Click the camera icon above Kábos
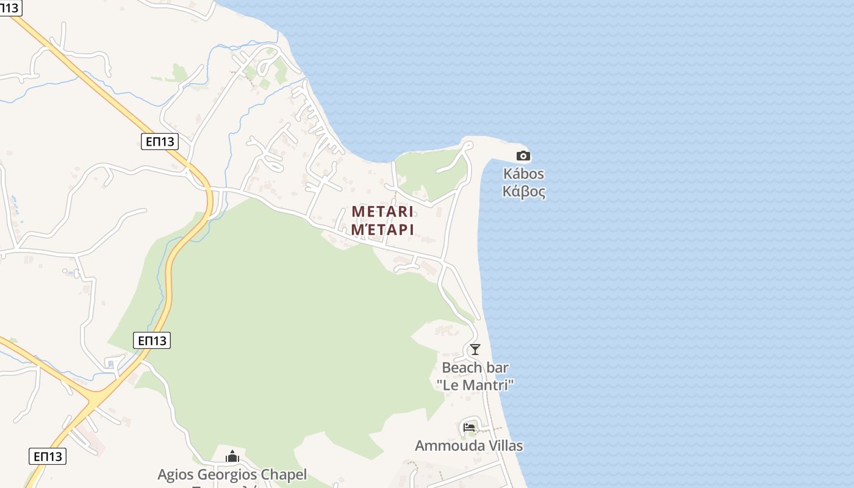point(523,156)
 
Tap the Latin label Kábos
point(523,174)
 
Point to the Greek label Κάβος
point(523,192)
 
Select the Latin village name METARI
point(382,212)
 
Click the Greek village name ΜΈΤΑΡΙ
point(382,229)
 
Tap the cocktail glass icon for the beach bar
point(475,350)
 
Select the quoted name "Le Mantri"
point(475,385)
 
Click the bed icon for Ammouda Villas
point(469,427)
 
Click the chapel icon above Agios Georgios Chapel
point(232,456)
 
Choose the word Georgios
point(228,475)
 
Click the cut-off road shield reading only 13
point(10,7)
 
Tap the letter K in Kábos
point(508,174)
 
